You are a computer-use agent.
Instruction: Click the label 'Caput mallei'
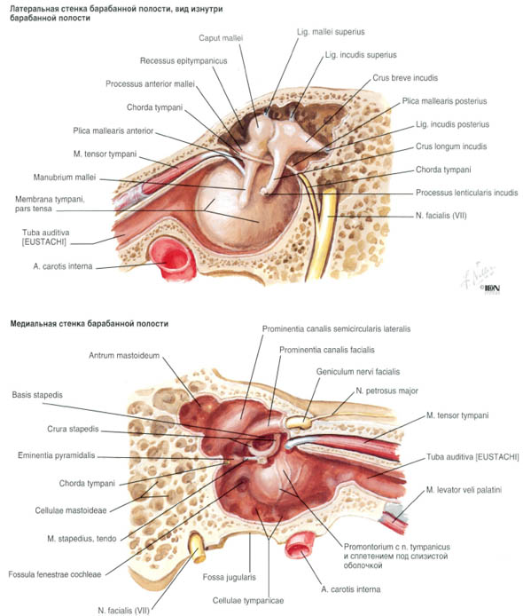tap(221, 38)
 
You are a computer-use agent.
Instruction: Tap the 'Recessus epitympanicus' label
tap(183, 61)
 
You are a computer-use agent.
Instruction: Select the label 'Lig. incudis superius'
tap(361, 55)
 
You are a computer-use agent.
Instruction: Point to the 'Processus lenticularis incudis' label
tap(467, 193)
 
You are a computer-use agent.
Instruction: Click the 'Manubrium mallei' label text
tap(65, 178)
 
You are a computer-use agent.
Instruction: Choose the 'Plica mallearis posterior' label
tap(444, 101)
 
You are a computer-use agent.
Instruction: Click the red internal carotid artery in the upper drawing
tap(173, 258)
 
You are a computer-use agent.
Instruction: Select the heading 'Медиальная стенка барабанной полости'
tap(89, 324)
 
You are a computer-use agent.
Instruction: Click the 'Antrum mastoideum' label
tap(124, 356)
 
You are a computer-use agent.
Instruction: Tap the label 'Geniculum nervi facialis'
tap(358, 372)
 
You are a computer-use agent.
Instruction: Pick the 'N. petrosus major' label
tap(386, 391)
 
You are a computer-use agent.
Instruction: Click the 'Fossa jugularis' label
tap(229, 577)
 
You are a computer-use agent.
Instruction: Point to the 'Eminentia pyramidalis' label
tap(57, 455)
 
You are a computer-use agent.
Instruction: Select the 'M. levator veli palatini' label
tap(464, 490)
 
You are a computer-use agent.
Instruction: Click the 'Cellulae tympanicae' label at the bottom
tap(248, 601)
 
